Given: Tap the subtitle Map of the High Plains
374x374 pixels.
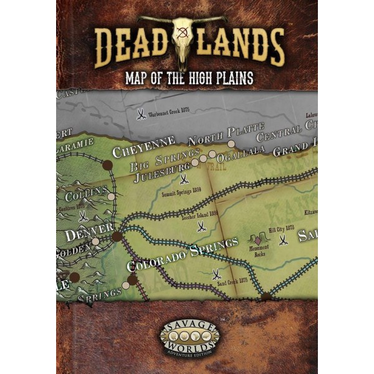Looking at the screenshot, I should pyautogui.click(x=186, y=80).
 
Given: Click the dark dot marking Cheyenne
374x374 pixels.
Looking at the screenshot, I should pyautogui.click(x=107, y=165).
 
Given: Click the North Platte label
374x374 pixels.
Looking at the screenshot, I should pyautogui.click(x=221, y=135).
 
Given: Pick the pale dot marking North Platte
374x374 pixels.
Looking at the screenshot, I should pyautogui.click(x=231, y=144).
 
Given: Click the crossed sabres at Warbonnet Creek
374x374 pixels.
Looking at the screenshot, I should pyautogui.click(x=141, y=113).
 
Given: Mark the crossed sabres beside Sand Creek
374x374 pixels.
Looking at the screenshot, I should pyautogui.click(x=216, y=273).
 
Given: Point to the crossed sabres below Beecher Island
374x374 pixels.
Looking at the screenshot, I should pyautogui.click(x=201, y=227).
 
